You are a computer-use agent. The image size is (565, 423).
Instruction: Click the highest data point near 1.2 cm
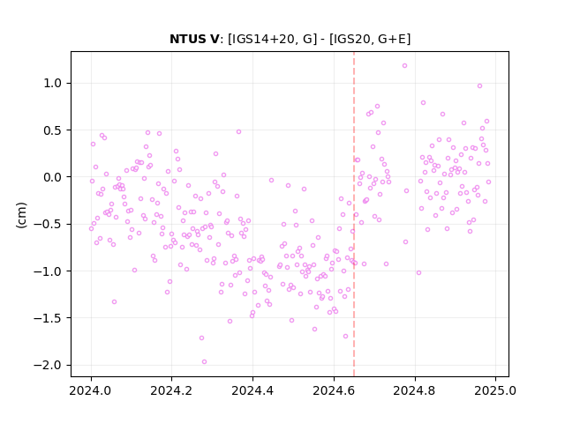404,66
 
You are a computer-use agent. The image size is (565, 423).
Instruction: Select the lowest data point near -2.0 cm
204,362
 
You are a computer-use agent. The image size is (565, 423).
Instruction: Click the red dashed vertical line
354,214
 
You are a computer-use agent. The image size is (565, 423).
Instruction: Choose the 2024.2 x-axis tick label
171,390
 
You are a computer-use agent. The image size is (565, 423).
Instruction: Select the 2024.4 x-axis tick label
252,390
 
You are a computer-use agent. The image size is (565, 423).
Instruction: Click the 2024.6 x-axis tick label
334,390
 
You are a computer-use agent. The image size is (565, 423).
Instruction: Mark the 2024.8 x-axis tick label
414,390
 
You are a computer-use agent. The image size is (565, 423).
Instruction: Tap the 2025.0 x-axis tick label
495,390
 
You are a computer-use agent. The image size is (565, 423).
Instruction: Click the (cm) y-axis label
21,215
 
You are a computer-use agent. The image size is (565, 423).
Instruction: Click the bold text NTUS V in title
194,39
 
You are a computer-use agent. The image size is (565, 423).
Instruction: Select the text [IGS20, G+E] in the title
370,39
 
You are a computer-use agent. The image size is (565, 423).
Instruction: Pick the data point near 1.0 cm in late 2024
479,86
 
